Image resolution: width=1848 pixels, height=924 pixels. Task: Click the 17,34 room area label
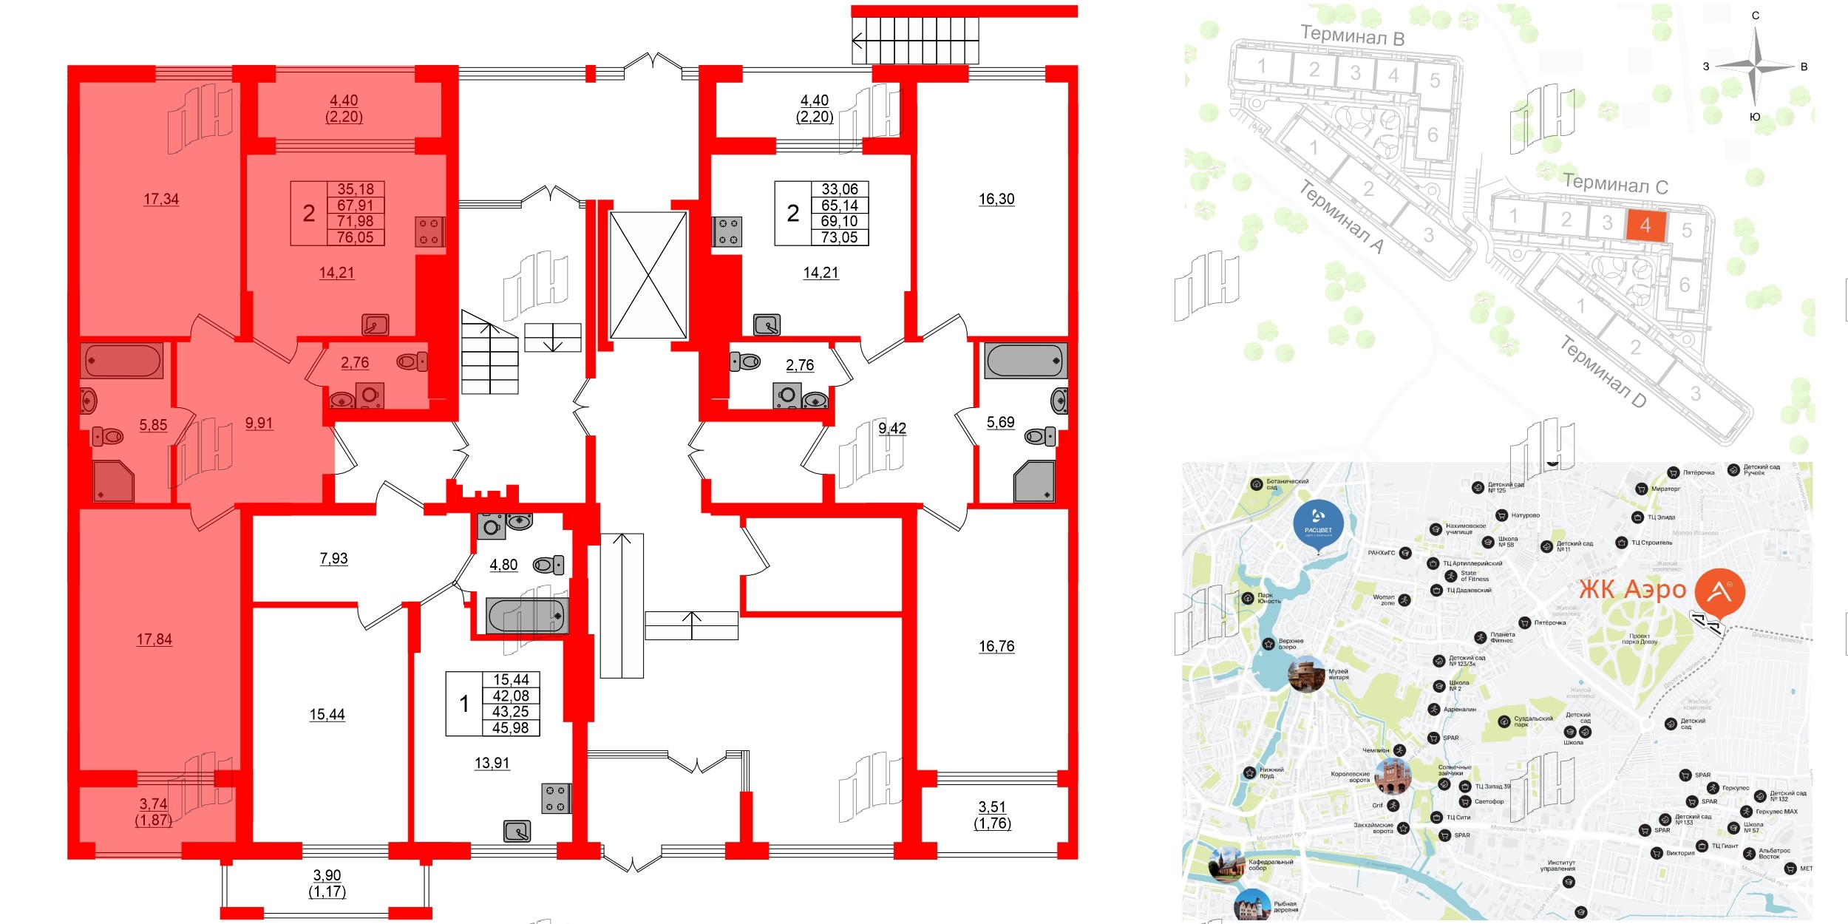[x=161, y=199]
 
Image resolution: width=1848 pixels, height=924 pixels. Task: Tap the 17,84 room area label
[x=154, y=639]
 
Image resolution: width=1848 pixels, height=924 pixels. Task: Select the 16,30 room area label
[x=996, y=199]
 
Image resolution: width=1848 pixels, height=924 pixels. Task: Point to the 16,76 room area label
[x=996, y=646]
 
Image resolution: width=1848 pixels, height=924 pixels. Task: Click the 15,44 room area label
[x=327, y=714]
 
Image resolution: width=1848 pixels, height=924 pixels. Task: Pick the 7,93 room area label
[x=333, y=558]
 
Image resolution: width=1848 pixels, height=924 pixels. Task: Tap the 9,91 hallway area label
[x=259, y=424]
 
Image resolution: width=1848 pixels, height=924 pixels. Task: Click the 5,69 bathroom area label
[x=1000, y=422]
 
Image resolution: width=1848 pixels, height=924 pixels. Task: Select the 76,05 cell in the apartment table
[x=355, y=237]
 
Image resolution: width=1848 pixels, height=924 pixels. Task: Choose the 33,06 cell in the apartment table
[x=840, y=189]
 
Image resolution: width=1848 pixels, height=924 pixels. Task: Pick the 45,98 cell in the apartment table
[x=511, y=727]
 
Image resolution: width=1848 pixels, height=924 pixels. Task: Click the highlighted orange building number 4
[x=1645, y=225]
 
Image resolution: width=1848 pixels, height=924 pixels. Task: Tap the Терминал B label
[x=1352, y=35]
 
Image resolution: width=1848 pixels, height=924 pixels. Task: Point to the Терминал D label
[x=1603, y=371]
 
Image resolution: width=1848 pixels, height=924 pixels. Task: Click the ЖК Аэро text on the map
[x=1632, y=590]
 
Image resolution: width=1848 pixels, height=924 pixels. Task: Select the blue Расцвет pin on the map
[x=1318, y=524]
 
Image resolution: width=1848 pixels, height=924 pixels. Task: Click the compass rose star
[x=1756, y=67]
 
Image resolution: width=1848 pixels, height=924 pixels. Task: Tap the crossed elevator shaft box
[x=648, y=275]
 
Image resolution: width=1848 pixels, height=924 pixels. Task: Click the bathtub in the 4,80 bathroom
[x=526, y=616]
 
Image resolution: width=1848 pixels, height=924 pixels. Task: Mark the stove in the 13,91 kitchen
[x=556, y=798]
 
